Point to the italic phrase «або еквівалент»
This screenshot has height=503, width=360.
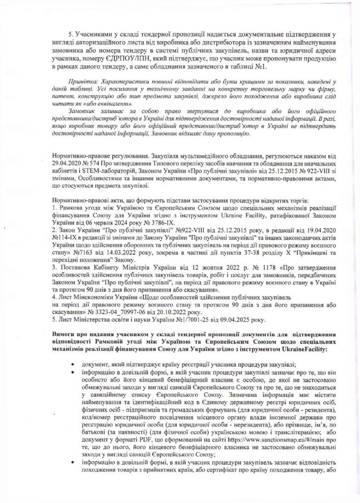click(x=103, y=111)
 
